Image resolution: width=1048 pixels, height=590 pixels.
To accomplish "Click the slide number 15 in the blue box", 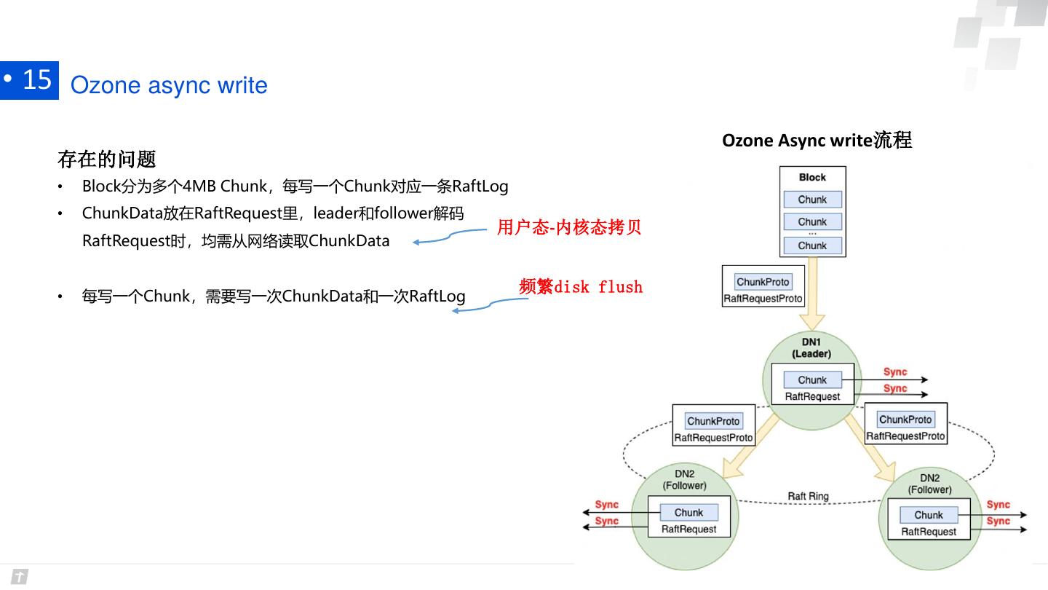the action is (x=37, y=79).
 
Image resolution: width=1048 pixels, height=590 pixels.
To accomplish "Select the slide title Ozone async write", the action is (x=169, y=85).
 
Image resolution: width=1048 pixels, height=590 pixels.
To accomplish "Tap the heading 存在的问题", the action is (x=107, y=160).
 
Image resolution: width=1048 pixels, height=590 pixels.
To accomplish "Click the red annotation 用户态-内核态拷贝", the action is (x=569, y=227).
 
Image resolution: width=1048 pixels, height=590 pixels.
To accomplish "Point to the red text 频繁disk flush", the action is (x=581, y=286).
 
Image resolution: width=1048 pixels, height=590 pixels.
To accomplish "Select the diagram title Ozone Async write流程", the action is (x=817, y=140).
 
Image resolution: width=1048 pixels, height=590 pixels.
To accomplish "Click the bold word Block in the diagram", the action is (x=812, y=178).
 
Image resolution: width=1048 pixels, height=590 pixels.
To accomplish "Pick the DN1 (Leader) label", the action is (x=811, y=348).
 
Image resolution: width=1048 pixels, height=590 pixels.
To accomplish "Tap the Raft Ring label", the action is (x=808, y=496).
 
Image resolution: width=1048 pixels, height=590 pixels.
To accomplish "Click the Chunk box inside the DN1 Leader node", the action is (x=812, y=379).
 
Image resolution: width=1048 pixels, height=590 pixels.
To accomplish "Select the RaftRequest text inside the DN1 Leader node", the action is (x=812, y=396).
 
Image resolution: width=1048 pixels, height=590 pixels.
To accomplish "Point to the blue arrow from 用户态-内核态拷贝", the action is (x=449, y=236).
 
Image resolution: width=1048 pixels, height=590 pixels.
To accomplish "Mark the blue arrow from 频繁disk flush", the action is (x=490, y=304).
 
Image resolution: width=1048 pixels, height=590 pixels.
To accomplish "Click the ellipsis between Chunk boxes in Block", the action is (x=812, y=233).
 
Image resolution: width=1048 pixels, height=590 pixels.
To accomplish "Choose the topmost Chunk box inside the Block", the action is (x=813, y=200).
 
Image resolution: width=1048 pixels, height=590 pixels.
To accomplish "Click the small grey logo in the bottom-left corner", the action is (x=20, y=576).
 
